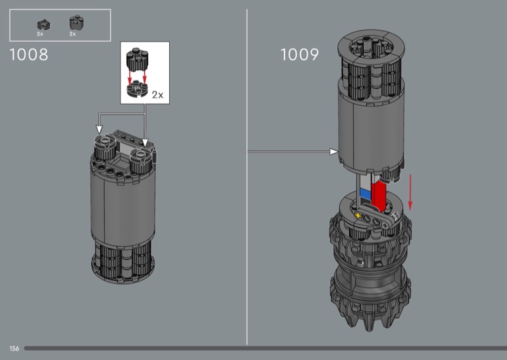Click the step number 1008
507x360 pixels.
29,55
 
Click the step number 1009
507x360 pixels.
299,55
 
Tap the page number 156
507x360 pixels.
14,349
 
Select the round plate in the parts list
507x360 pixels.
43,25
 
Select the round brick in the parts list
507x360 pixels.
77,23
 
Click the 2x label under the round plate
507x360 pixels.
40,34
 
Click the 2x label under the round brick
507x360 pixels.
72,34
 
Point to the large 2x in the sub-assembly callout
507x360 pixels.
157,95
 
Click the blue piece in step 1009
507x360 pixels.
365,194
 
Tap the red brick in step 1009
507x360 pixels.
378,195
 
